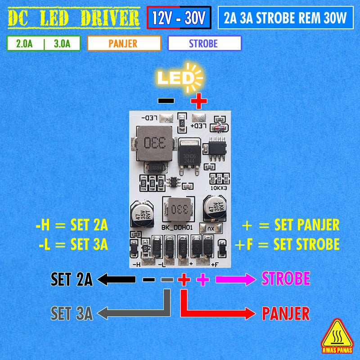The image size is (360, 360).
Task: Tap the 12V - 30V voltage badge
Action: (179, 18)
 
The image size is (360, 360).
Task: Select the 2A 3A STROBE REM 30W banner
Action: (285, 18)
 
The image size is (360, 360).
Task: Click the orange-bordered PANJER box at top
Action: (124, 44)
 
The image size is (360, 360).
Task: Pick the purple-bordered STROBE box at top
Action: (204, 44)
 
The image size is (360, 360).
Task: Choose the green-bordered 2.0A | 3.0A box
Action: (44, 44)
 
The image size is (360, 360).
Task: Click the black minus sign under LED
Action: (166, 101)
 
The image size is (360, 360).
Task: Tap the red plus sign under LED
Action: (198, 101)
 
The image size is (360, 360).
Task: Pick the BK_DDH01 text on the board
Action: (177, 227)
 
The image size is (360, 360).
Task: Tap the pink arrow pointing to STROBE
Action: (236, 279)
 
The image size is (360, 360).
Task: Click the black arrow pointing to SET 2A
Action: (116, 279)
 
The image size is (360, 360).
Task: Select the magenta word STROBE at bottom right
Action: (286, 279)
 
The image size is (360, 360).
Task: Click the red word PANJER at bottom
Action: (286, 313)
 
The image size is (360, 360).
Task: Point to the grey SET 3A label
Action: (72, 313)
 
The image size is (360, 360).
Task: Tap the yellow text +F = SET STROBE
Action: (287, 244)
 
